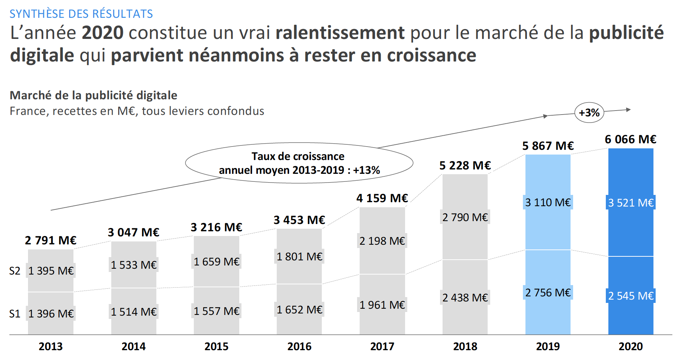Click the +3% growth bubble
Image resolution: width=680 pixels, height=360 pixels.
[x=589, y=113]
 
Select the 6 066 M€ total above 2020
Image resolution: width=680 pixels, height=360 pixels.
[x=631, y=139]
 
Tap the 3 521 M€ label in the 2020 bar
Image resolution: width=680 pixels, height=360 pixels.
[x=631, y=203]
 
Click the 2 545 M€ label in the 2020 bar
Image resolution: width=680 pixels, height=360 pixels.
[x=631, y=296]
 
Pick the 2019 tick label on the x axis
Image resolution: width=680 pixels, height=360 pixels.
[x=548, y=346]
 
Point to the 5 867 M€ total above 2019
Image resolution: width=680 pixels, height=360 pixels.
[x=548, y=146]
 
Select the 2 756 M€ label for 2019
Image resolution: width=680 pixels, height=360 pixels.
[x=548, y=292]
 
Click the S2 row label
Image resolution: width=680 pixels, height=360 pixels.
[x=15, y=271]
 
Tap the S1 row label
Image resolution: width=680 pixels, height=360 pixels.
[x=15, y=313]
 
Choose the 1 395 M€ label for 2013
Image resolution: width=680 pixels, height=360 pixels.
[x=51, y=271]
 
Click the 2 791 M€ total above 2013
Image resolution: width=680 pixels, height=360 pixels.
[x=51, y=240]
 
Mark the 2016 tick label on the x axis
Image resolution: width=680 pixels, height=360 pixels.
[x=299, y=346]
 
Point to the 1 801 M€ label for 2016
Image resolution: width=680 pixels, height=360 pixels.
[x=299, y=257]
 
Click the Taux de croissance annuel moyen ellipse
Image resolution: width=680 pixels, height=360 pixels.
[x=299, y=163]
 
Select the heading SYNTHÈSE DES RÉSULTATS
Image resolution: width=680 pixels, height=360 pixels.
[x=81, y=14]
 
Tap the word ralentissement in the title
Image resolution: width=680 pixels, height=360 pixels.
[x=340, y=33]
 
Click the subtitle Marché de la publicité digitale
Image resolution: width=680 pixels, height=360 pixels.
[x=93, y=95]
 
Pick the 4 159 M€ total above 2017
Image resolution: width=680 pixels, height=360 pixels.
[x=382, y=198]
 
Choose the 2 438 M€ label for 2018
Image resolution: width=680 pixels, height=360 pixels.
[x=465, y=297]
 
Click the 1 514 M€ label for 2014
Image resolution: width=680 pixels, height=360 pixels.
[x=133, y=312]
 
